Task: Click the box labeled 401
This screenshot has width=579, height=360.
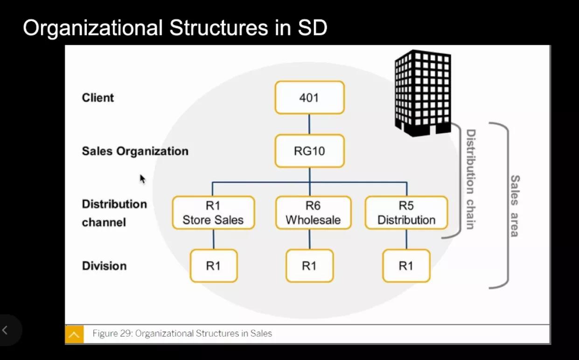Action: tap(309, 98)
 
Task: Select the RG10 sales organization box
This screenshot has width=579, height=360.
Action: tap(309, 151)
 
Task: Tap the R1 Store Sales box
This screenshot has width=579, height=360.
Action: tap(213, 213)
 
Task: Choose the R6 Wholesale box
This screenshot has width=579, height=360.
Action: tap(313, 213)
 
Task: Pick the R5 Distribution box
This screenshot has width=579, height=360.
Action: tap(406, 213)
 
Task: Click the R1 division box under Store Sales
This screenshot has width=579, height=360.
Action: tap(214, 266)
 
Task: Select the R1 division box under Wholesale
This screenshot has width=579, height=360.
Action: tap(309, 266)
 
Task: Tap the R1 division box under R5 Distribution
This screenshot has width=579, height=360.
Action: tap(406, 266)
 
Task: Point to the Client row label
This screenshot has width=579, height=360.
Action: tap(98, 98)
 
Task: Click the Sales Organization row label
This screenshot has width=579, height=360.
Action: tap(135, 151)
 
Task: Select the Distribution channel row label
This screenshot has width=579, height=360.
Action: tap(114, 213)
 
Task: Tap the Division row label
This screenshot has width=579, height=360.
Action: tap(104, 266)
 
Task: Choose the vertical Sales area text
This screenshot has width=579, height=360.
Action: tap(515, 205)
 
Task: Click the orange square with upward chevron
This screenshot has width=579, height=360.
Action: tap(74, 334)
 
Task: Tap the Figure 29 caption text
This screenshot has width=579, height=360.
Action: tap(182, 333)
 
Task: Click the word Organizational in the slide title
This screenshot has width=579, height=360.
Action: tap(93, 28)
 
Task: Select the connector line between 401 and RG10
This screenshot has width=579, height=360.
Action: tap(309, 124)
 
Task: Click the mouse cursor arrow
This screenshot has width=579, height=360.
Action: tap(142, 179)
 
